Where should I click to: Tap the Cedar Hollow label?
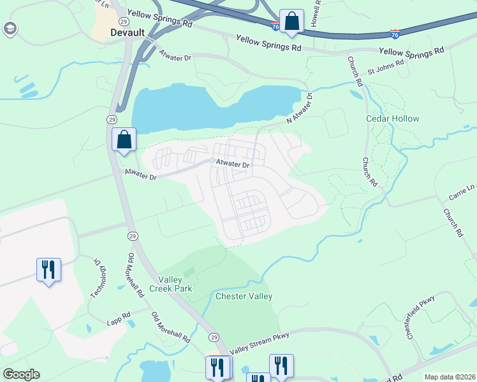393,119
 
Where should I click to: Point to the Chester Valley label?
244,297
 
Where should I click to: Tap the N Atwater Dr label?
300,109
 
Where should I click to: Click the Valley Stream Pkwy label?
260,343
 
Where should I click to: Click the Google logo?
21,374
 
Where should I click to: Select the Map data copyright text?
449,377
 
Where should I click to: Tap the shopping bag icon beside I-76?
291,21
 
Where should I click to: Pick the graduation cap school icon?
10,29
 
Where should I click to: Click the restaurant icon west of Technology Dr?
48,270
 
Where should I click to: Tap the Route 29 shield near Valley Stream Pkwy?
214,337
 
